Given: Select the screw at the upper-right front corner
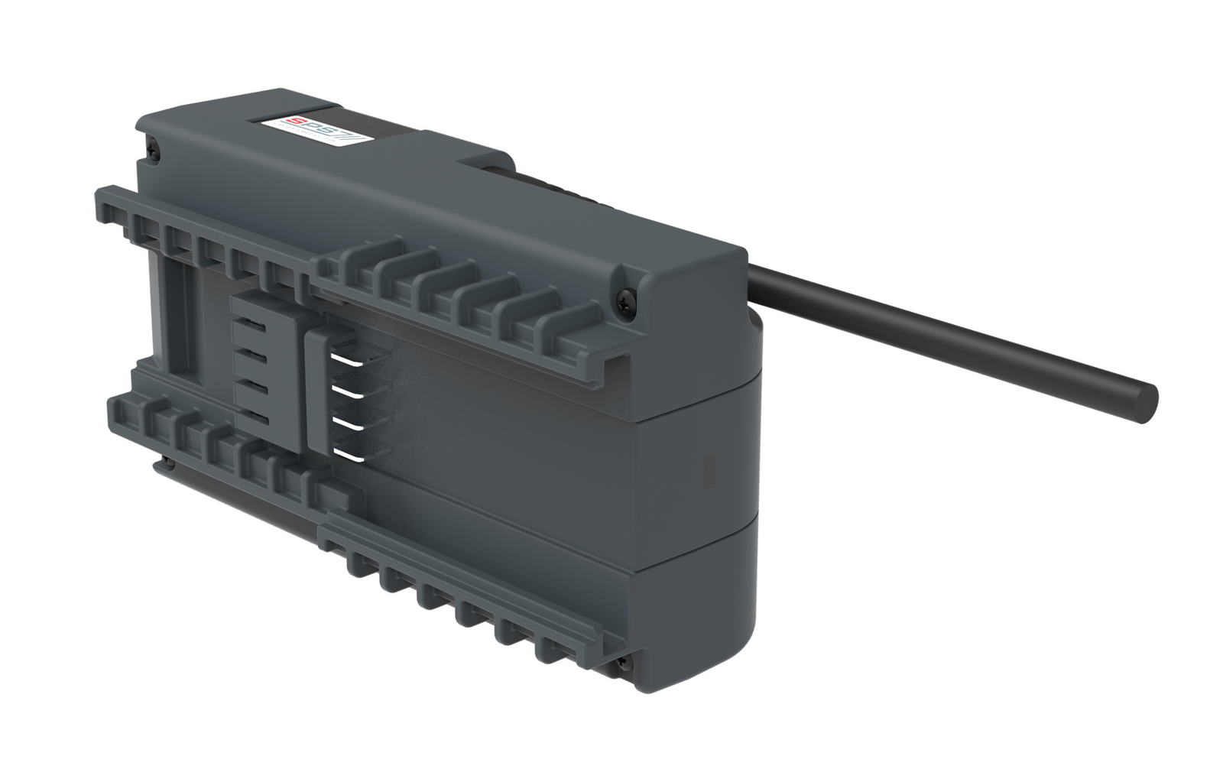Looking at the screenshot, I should click(x=628, y=294).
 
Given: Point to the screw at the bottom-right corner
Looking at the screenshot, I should click(x=624, y=661).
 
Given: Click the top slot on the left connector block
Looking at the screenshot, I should click(x=253, y=326).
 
